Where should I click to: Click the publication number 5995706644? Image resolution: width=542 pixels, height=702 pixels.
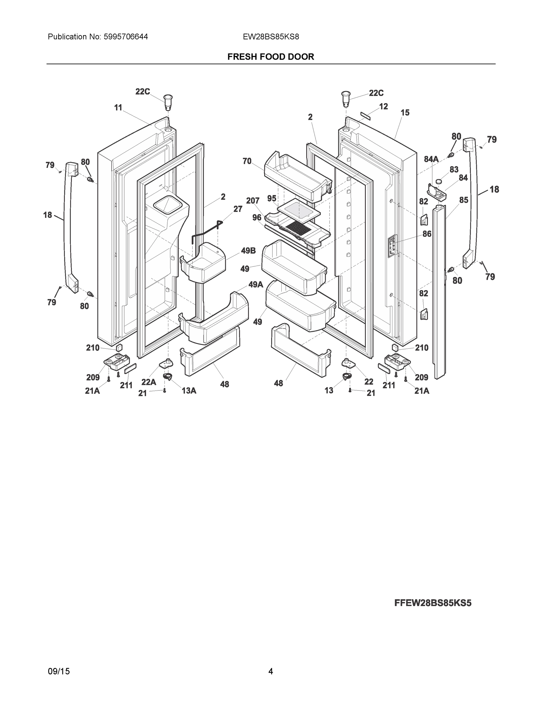(126, 37)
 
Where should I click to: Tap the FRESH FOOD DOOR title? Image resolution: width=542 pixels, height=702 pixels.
(271, 57)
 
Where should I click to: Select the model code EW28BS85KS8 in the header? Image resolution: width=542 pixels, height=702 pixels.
(271, 37)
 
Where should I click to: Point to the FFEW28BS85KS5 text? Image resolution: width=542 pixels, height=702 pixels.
(432, 603)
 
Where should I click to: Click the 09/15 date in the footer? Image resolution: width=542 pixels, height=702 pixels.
(58, 671)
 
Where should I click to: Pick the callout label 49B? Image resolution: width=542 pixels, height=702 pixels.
(248, 251)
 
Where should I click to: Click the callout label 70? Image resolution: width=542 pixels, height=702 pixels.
(247, 161)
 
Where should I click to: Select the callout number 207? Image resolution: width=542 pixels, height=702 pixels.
(253, 201)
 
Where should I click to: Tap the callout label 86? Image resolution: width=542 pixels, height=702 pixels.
(427, 234)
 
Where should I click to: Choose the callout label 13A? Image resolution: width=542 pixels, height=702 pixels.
(189, 390)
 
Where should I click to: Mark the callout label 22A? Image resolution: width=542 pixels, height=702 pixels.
(149, 382)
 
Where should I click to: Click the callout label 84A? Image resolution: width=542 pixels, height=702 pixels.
(431, 159)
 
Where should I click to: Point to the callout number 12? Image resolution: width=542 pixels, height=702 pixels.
(383, 106)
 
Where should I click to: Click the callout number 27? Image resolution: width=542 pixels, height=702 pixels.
(238, 209)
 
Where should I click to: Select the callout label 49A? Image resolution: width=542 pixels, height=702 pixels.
(256, 285)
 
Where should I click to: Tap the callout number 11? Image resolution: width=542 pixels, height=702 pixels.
(118, 108)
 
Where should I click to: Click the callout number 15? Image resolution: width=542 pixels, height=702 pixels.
(405, 113)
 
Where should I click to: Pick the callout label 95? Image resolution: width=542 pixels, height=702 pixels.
(272, 199)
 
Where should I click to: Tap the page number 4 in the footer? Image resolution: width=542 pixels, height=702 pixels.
(271, 671)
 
